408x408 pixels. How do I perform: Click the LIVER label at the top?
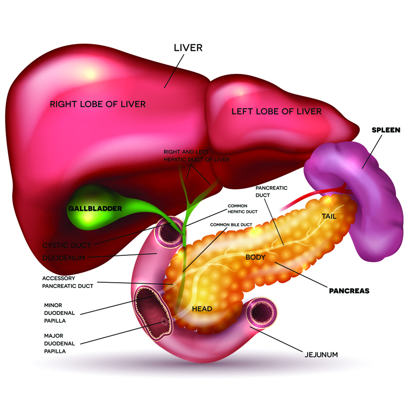(188, 48)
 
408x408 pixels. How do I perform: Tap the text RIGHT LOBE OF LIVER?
(98, 104)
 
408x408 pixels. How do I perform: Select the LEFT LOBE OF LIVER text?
(276, 111)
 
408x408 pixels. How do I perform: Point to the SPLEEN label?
(386, 130)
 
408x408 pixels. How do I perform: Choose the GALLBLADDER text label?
(95, 209)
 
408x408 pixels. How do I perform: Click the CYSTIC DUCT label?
(66, 245)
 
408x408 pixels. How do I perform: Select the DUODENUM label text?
(64, 258)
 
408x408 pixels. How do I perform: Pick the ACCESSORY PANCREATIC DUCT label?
(67, 282)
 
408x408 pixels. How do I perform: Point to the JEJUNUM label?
(322, 355)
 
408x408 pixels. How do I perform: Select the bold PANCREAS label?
(349, 290)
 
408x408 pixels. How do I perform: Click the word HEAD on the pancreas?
(202, 309)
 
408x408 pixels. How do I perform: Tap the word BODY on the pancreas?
(255, 257)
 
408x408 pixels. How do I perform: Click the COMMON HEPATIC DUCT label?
(242, 208)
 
